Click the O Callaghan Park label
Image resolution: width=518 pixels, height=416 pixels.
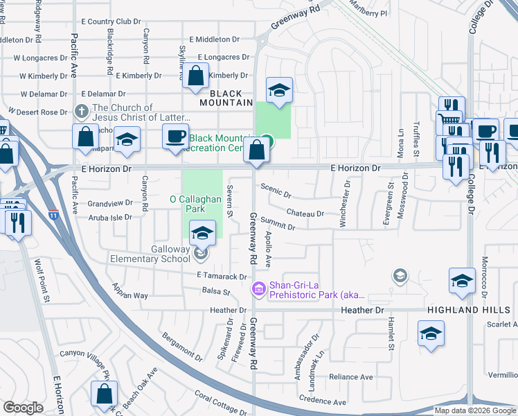[195, 204]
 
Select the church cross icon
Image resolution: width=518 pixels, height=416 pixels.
[82, 111]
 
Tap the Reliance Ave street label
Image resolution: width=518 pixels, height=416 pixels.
[350, 377]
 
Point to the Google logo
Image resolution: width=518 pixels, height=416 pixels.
[23, 408]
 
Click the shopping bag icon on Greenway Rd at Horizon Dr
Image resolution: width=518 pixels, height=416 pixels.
[257, 150]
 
